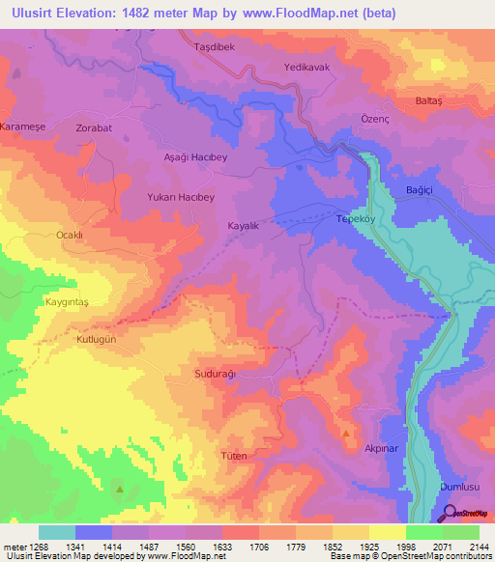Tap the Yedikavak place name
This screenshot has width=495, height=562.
307,68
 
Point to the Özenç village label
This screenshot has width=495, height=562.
376,115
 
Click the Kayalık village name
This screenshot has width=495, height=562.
243,225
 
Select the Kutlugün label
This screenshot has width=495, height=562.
95,341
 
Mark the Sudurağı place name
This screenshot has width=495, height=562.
216,373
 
